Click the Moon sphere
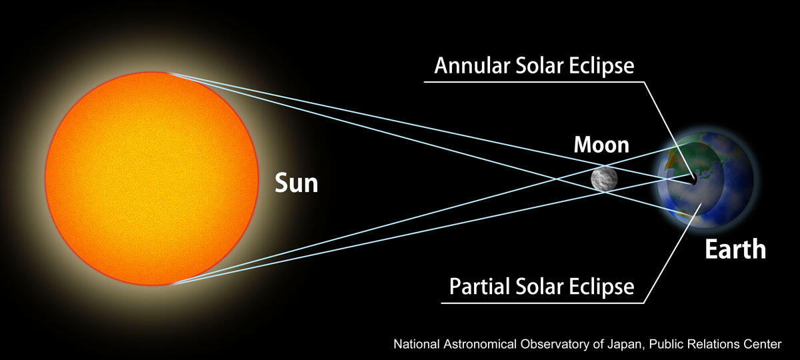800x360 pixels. (x=604, y=178)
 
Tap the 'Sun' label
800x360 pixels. (x=296, y=183)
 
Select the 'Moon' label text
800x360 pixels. (x=601, y=145)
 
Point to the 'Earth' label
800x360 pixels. (x=735, y=249)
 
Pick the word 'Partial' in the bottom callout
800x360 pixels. (x=479, y=286)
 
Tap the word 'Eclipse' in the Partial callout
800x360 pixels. (x=601, y=287)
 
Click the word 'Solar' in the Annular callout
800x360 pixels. (x=539, y=65)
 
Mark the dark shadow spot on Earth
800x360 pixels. (x=693, y=179)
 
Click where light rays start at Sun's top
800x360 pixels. (x=171, y=73)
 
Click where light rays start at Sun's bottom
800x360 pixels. (x=174, y=283)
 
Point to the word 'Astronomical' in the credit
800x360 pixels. (x=481, y=344)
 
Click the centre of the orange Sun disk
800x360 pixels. (x=152, y=179)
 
